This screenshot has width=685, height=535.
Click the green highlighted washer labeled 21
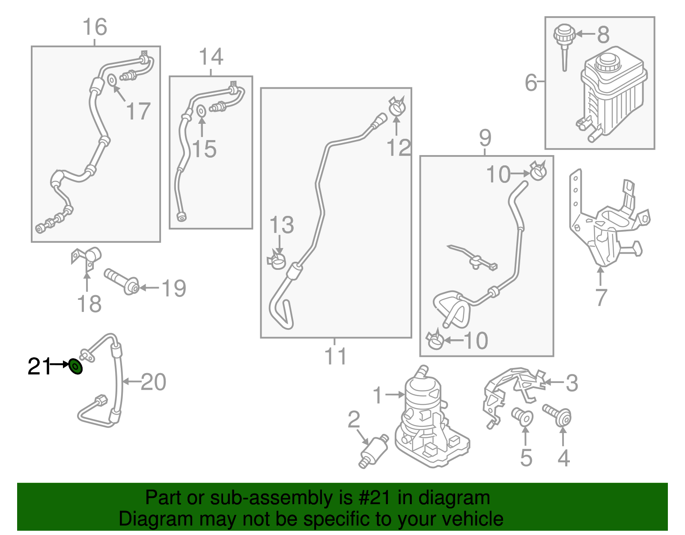coord(76,367)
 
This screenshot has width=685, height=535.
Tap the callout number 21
coord(39,366)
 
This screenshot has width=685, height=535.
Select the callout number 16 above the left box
coord(95,27)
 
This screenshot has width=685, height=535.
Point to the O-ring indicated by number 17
coord(112,80)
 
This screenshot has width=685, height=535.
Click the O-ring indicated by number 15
coord(201,111)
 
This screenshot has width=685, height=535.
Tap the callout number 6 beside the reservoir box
coord(531,82)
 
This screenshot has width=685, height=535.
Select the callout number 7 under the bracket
coord(602,297)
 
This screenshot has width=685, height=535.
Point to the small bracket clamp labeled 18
coord(86,259)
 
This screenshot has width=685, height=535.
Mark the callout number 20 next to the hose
coord(153,382)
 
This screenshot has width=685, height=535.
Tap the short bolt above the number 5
coord(522,416)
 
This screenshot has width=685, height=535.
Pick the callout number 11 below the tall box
coord(335,356)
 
